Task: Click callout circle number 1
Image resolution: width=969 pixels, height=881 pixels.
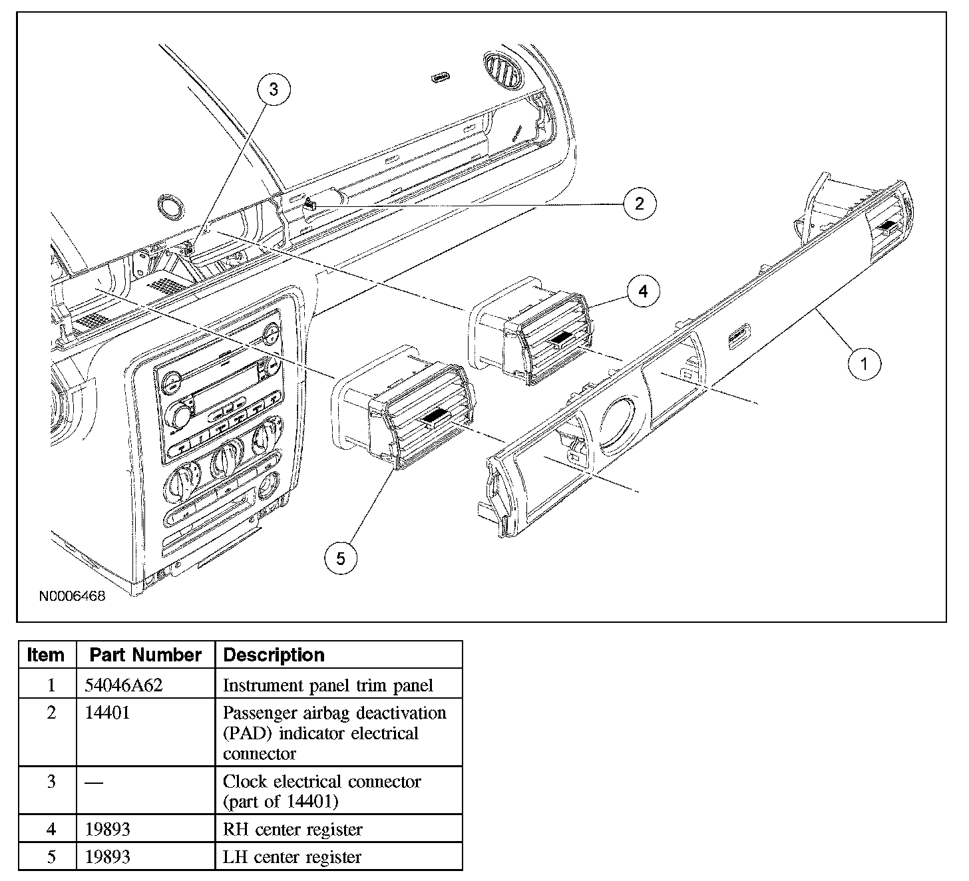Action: tap(865, 363)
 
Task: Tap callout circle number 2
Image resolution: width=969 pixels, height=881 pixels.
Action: tap(640, 203)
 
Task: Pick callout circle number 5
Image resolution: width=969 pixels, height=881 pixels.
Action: tap(341, 558)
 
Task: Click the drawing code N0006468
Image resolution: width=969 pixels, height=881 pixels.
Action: tap(72, 596)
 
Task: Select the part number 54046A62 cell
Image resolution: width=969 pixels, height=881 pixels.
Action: tap(124, 685)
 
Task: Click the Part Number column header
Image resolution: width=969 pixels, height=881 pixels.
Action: tap(145, 655)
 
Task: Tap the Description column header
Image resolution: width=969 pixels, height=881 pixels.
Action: tap(274, 655)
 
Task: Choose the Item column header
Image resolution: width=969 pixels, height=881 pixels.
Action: tap(46, 655)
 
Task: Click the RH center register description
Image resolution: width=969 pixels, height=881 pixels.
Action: tap(292, 829)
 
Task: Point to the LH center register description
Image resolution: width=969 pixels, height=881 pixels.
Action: tap(291, 856)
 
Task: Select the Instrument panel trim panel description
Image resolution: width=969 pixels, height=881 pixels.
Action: tap(327, 685)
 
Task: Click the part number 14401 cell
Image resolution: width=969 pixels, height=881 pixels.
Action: tap(108, 713)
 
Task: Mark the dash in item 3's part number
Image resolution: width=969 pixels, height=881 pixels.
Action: tap(94, 782)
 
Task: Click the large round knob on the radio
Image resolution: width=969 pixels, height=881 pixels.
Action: tap(181, 416)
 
